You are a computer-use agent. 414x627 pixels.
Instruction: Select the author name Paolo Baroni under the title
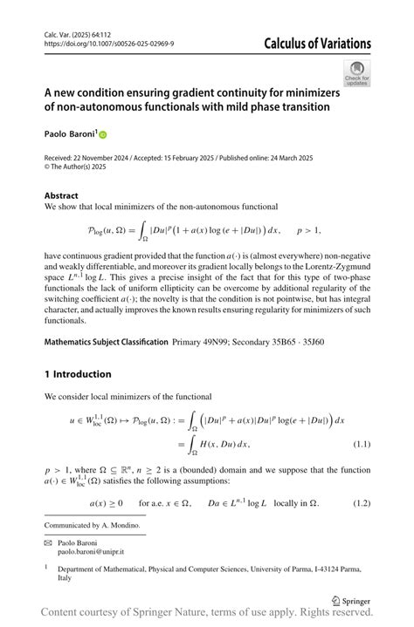click(69, 135)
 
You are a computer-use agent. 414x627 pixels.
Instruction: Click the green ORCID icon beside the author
click(102, 135)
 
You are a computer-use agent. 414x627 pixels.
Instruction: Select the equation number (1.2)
click(361, 503)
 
